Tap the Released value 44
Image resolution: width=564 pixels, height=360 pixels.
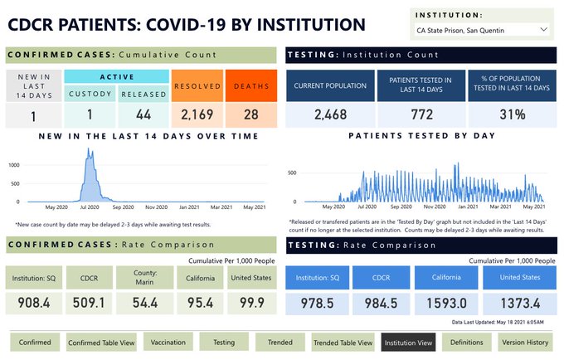[x=143, y=113]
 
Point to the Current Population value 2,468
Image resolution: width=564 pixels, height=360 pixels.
[x=331, y=114]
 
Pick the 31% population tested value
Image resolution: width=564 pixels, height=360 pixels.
[x=511, y=114]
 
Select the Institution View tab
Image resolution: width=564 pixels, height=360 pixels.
[x=408, y=342]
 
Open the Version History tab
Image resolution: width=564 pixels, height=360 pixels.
[x=525, y=342]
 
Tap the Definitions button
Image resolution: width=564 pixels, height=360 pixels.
[x=467, y=342]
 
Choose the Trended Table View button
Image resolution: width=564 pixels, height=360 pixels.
[x=343, y=342]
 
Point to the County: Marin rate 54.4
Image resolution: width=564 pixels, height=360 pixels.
[x=145, y=302]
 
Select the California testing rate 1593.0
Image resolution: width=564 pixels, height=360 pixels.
[x=447, y=303]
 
